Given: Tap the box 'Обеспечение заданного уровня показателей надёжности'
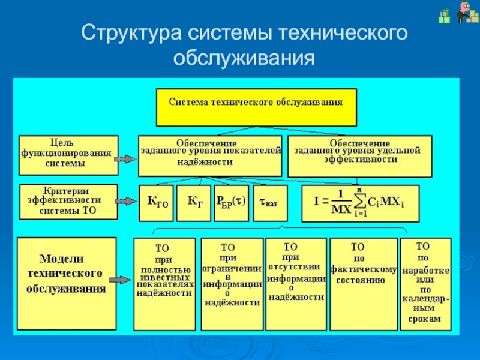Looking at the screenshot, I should click(210, 155).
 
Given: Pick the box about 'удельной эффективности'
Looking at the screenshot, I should click(359, 155).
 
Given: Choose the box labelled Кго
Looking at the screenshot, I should click(158, 203).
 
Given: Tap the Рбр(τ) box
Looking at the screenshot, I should click(230, 202).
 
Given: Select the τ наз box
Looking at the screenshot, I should click(268, 203).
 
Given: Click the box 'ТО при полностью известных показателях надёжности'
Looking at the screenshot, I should click(164, 284).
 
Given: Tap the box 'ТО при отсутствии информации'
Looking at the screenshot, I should click(296, 283).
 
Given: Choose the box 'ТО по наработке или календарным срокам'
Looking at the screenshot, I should click(425, 283).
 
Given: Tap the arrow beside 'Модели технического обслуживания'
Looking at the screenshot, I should click(125, 280).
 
